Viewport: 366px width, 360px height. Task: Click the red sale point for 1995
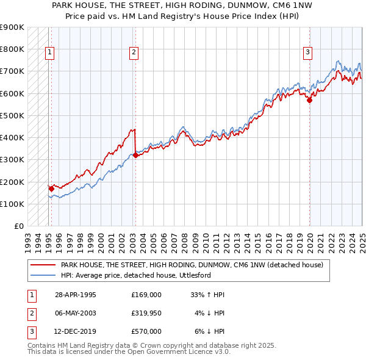51,189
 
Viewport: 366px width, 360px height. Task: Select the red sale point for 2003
135,155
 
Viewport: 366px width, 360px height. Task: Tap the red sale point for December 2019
309,100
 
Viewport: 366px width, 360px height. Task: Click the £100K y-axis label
12,204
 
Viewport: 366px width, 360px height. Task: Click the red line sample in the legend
44,265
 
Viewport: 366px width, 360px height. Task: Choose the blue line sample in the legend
44,275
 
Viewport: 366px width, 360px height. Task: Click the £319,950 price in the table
146,313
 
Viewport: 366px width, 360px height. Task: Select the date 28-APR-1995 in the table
75,295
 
